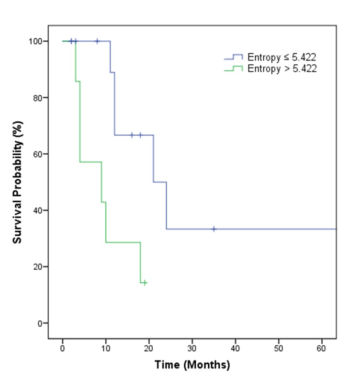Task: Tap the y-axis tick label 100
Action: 35,41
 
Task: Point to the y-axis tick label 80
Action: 37,98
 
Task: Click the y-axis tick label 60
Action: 37,154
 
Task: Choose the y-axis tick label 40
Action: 37,210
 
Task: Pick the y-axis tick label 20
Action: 37,267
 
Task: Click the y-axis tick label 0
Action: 39,324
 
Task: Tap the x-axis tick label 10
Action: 106,348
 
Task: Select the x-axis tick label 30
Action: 192,348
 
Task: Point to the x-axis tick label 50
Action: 279,348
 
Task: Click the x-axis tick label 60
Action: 322,348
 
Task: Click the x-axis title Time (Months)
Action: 192,365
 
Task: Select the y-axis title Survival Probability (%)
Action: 17,182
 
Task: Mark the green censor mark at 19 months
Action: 145,283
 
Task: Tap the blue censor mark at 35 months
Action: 214,229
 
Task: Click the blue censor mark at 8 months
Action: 97,41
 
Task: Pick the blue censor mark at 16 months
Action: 132,135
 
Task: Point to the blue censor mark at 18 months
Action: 140,135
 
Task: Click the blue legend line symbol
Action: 233,57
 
